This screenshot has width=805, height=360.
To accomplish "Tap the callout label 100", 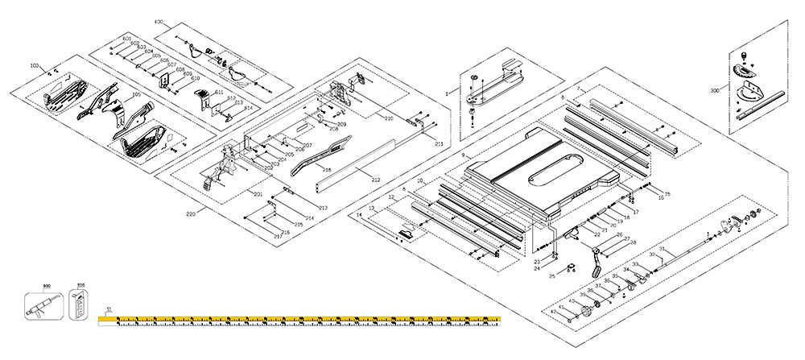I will pos(34,64).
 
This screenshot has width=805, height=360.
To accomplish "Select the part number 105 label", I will pos(136,94).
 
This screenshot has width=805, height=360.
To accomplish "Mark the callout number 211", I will pos(439,143).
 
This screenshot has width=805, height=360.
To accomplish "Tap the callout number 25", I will pos(551,276).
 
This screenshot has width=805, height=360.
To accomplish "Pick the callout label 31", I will pos(661,249).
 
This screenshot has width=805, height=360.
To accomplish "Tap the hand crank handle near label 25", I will pos(597,262).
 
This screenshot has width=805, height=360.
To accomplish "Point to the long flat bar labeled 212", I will pos(354,165).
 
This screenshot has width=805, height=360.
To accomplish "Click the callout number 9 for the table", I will pos(463,154).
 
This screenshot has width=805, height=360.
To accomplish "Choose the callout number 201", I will pos(258,194).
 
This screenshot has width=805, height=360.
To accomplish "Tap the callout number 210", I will pos(389,118).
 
